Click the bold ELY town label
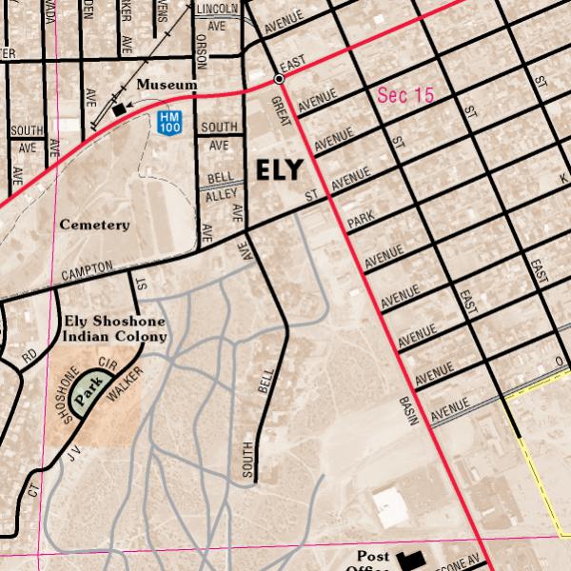(280, 169)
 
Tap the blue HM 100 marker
(169, 122)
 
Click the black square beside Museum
(119, 110)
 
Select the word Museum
(167, 85)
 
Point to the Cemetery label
(94, 225)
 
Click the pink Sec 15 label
(405, 95)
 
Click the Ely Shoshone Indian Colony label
(114, 328)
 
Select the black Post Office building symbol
(411, 561)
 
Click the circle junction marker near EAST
(279, 79)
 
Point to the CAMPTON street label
(88, 271)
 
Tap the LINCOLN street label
(217, 9)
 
